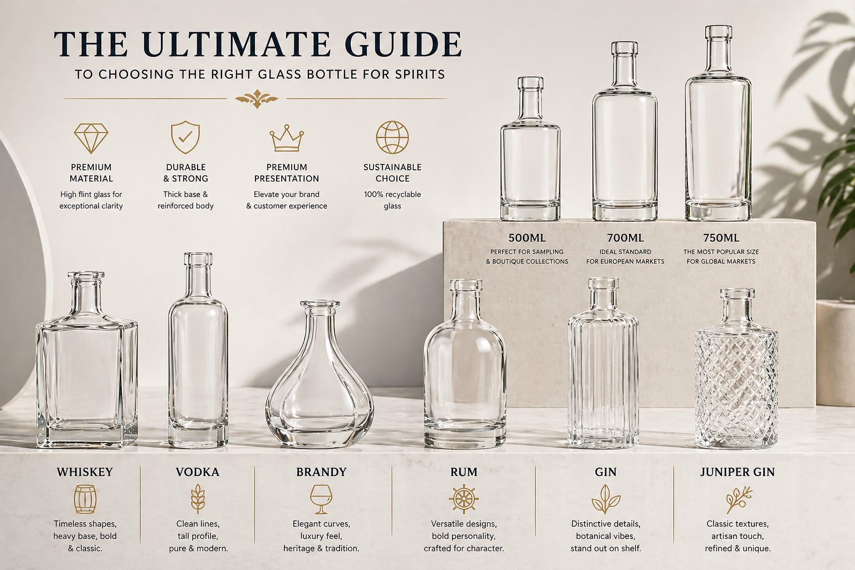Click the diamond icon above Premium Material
coord(91,138)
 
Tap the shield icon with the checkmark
coord(185,137)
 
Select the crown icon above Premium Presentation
coord(287,138)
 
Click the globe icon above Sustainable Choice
coord(392,137)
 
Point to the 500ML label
coord(527,238)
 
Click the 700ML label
coord(625,238)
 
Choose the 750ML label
coord(721,238)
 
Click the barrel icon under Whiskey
coord(85,499)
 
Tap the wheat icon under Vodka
coord(198,499)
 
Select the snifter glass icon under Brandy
coord(321,499)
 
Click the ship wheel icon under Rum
coord(464,499)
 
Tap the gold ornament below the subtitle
coord(257,99)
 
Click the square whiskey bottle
coord(87,360)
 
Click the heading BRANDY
coord(321,472)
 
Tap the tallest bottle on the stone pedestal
coord(718,123)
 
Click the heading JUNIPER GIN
coord(738,472)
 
